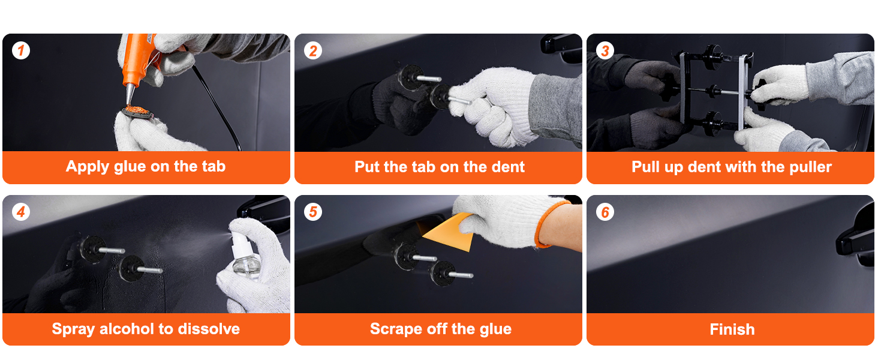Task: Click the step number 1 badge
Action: pos(21,50)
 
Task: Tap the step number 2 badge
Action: pos(313,50)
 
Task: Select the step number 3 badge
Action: pos(605,50)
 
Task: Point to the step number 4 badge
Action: pos(21,212)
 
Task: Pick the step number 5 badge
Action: pos(313,212)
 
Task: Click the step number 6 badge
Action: pos(605,212)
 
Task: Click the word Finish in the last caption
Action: pos(732,329)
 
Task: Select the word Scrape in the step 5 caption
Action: pos(396,329)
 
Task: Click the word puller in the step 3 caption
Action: pos(810,167)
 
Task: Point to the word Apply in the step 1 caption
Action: pos(88,167)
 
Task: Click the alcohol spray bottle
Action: pos(245,256)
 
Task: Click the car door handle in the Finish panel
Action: pos(856,239)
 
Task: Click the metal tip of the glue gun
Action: pos(130,95)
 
